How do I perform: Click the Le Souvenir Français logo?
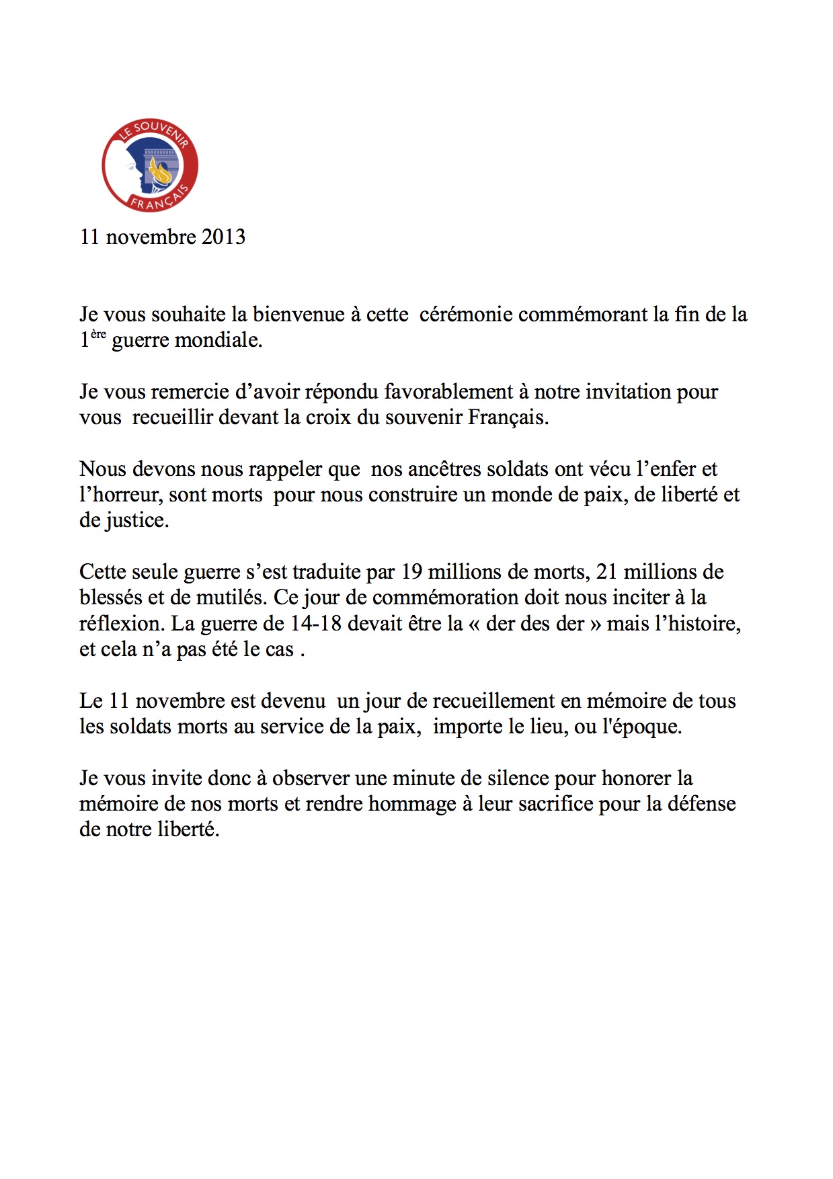tap(150, 165)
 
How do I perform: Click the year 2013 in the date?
tap(224, 237)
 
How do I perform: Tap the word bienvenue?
tap(298, 315)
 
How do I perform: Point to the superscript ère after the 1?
tap(98, 334)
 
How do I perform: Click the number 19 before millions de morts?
tap(411, 572)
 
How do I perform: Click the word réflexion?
tap(122, 624)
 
